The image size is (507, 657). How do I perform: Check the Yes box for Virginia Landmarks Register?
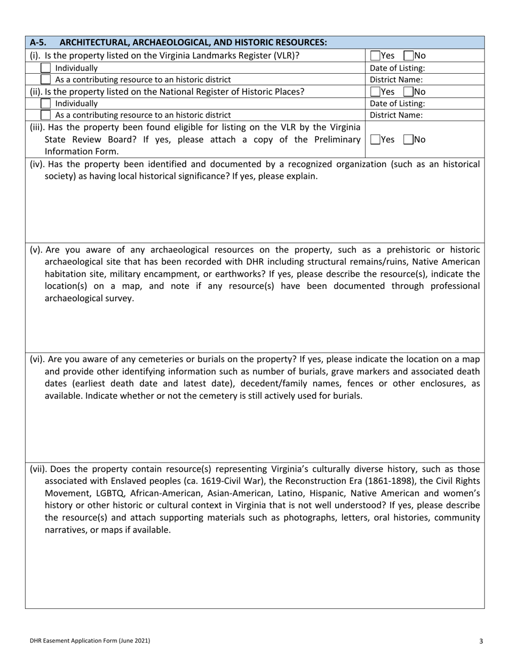pos(375,55)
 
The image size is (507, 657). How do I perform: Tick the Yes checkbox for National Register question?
pos(375,91)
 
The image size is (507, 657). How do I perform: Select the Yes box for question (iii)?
pos(375,139)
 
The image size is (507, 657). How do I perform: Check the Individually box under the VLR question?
pos(46,68)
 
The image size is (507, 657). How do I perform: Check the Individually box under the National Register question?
pos(46,104)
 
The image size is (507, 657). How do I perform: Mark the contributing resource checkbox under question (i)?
pos(46,80)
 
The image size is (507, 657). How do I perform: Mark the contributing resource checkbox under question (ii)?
pos(46,115)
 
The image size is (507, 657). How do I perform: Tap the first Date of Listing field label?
pos(397,68)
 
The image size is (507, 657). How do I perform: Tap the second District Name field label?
pos(396,115)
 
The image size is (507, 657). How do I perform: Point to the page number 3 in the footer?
pos(481,641)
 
